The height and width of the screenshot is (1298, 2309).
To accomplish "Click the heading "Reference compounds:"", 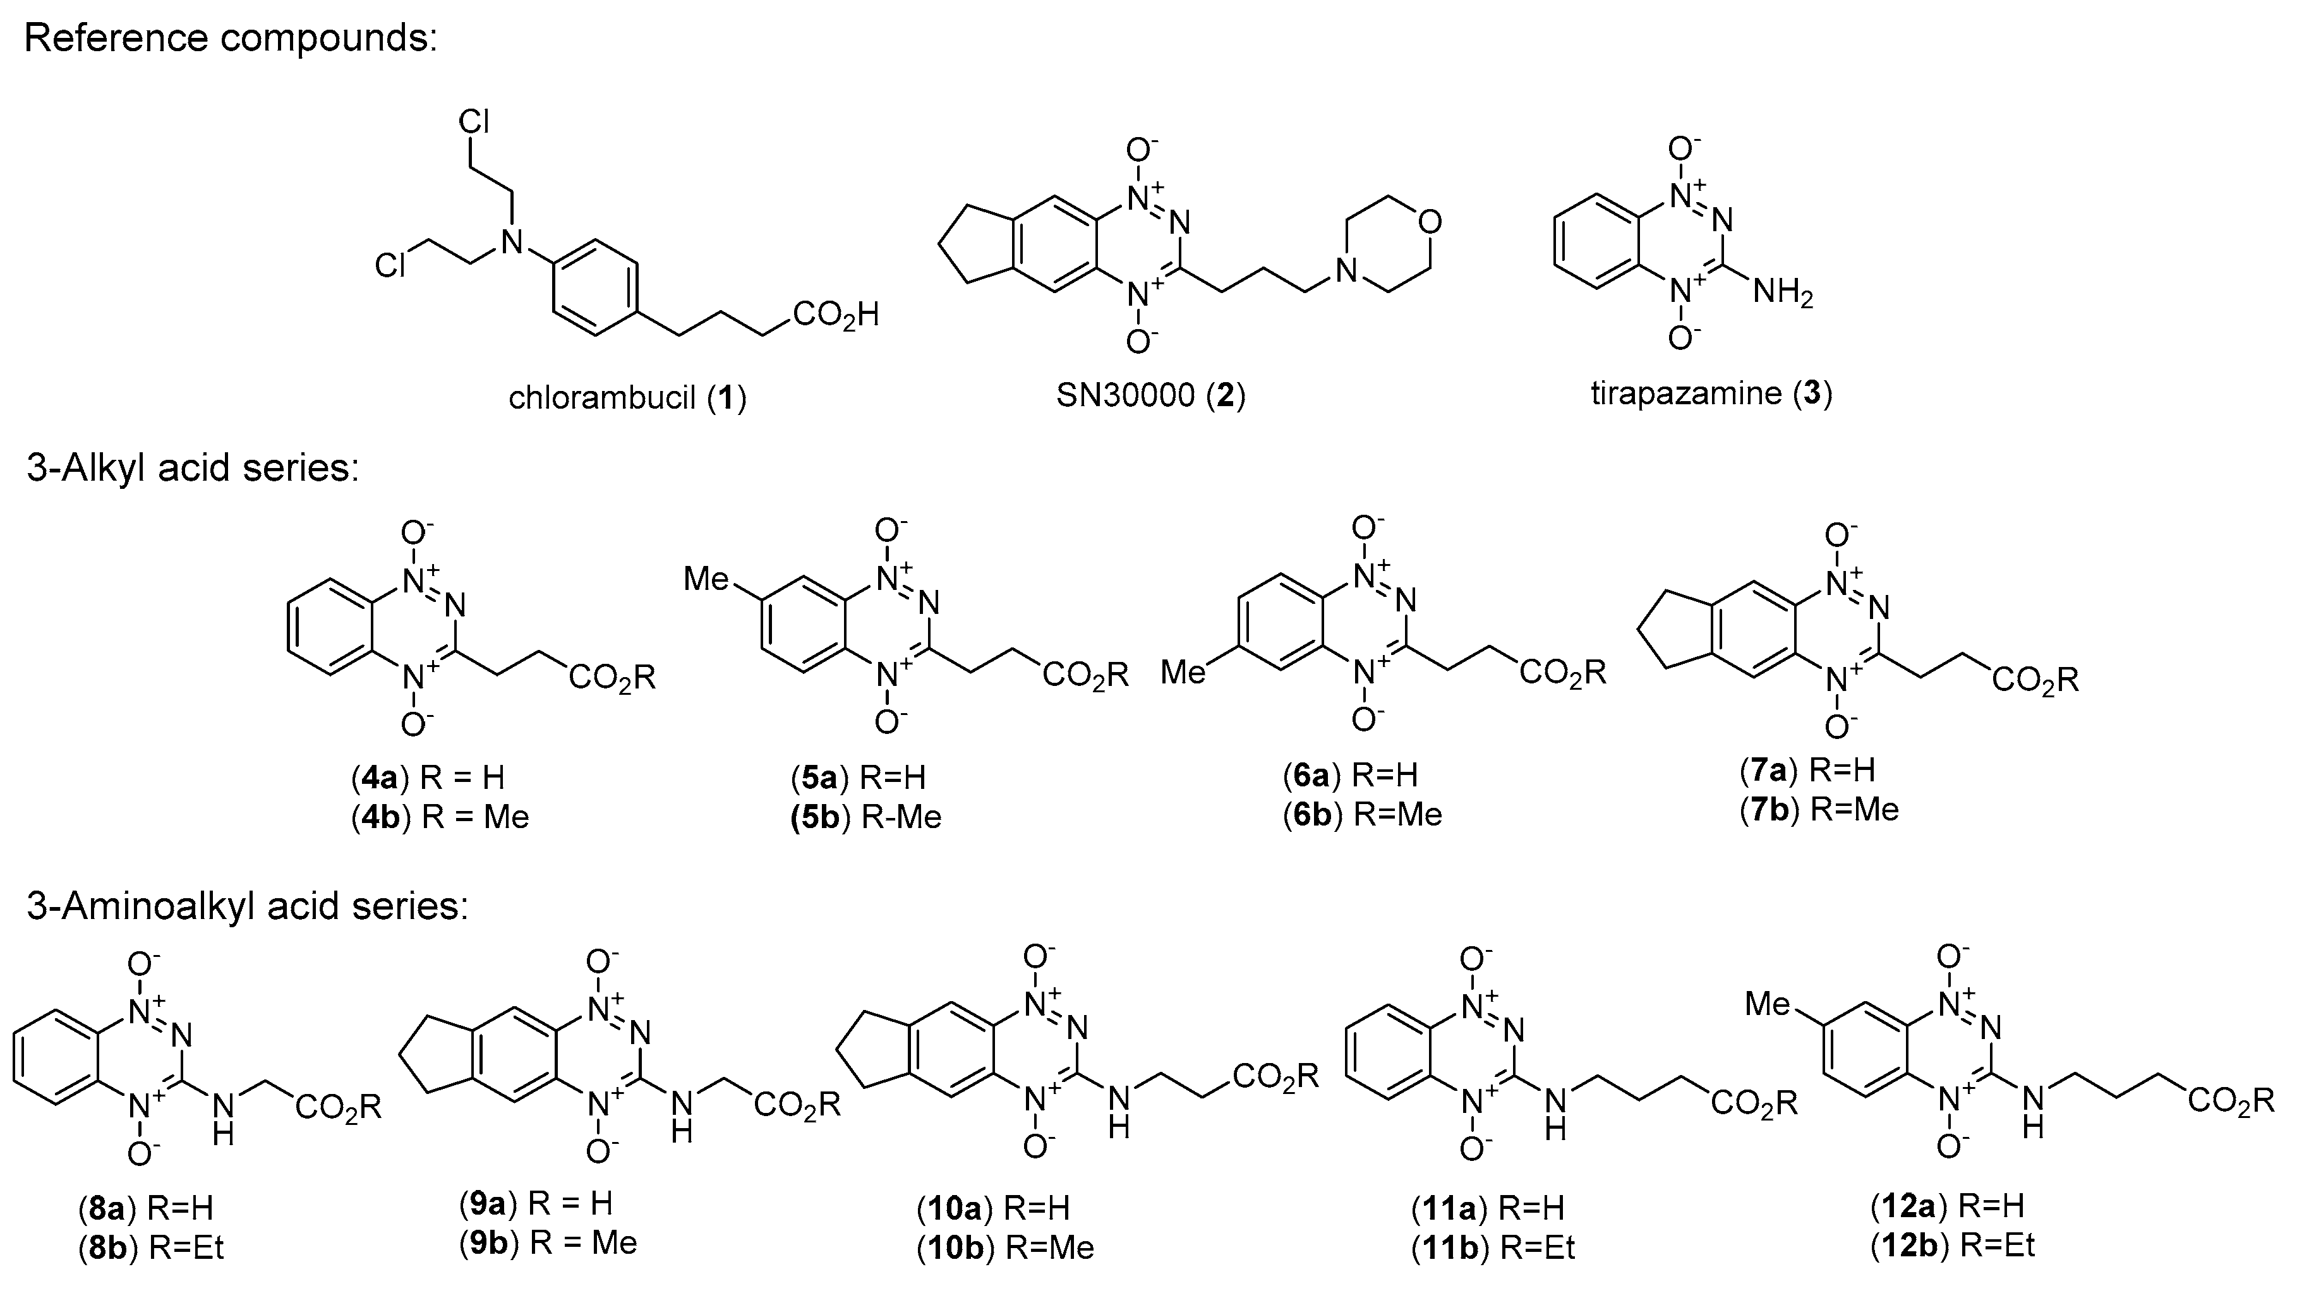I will click(231, 39).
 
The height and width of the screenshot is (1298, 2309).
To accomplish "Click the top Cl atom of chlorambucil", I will click(473, 123).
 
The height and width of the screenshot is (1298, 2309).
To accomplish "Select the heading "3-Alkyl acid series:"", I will click(193, 469).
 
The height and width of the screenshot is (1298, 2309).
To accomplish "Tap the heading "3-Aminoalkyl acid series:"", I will click(248, 907).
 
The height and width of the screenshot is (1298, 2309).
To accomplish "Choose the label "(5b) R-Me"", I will click(866, 817).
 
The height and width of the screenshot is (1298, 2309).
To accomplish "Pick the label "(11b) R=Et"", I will click(1493, 1248).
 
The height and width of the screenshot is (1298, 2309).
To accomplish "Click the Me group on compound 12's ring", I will click(1768, 1005).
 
